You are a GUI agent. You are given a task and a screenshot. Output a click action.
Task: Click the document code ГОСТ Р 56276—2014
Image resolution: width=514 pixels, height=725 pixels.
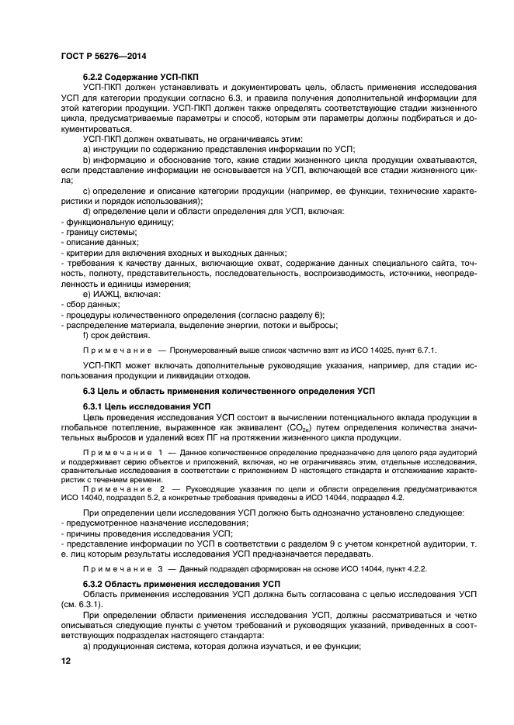click(103, 57)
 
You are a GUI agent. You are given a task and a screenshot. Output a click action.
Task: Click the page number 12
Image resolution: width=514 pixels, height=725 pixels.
click(65, 661)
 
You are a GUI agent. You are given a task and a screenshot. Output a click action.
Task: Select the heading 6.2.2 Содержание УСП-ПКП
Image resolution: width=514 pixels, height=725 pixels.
click(145, 80)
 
